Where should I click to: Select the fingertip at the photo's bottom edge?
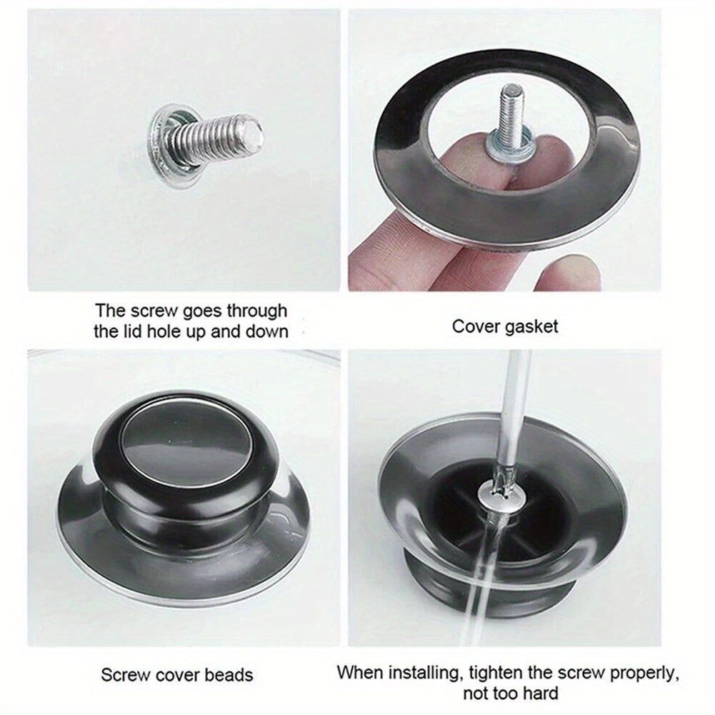point(564,275)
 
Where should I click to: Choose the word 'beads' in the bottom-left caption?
point(228,674)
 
